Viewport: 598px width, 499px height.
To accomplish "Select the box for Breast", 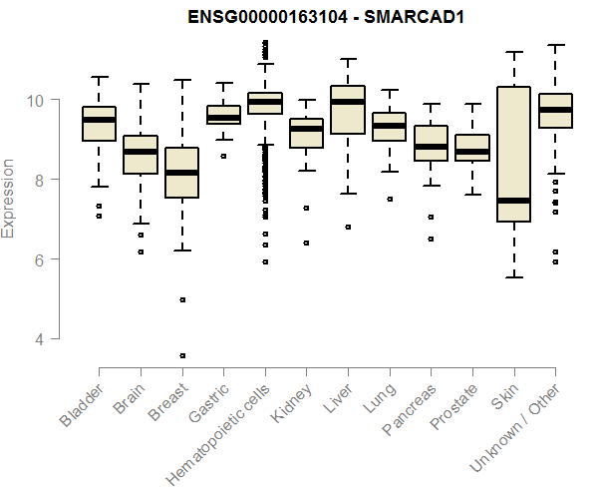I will (x=181, y=173).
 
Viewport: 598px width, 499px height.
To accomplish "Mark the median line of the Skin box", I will (x=513, y=201).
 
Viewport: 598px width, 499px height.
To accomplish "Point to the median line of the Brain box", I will (x=140, y=152).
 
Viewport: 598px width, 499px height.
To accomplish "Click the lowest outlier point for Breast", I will (x=181, y=355).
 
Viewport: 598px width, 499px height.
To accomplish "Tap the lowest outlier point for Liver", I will (x=347, y=228).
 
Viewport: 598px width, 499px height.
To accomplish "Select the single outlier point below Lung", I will (x=389, y=200).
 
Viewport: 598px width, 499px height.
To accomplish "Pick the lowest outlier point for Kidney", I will (x=306, y=243).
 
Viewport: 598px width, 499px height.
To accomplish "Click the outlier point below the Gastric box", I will (x=223, y=157).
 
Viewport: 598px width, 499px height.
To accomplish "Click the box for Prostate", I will (x=472, y=148).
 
